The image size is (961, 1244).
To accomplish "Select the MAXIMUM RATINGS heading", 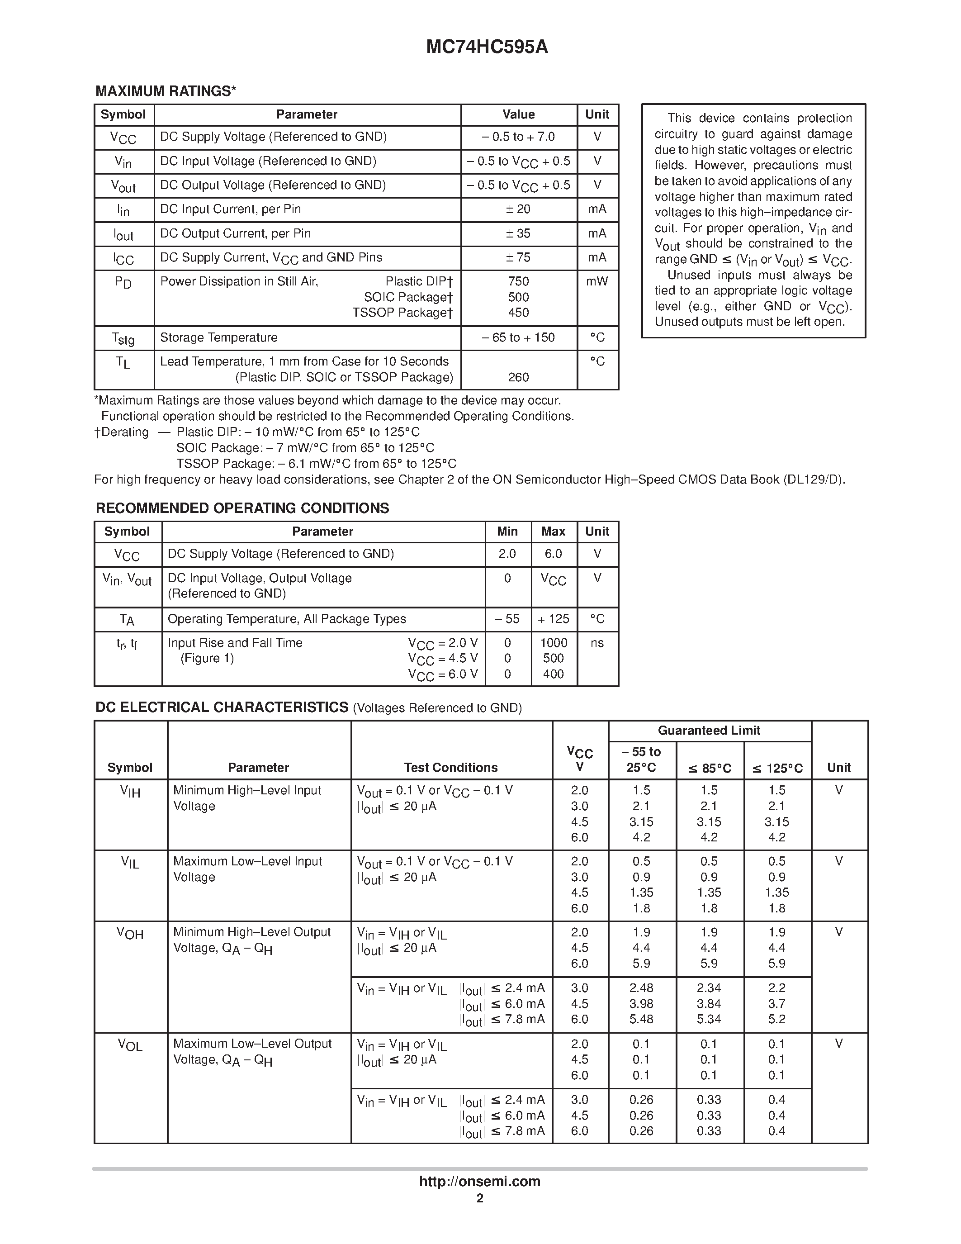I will click(165, 91).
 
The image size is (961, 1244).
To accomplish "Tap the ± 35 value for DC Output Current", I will click(518, 233).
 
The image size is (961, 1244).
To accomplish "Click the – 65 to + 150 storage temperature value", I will click(518, 338).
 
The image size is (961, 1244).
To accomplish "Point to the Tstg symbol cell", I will click(123, 339).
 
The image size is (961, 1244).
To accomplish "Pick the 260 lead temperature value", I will click(518, 377).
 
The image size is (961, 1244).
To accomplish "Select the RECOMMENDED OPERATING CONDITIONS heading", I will click(242, 508).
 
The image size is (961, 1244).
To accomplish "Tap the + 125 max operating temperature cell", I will click(554, 619).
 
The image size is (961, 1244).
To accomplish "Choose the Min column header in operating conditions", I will click(507, 532).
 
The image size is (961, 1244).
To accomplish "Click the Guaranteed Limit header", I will click(709, 731).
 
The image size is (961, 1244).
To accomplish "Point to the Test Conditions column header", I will click(451, 768).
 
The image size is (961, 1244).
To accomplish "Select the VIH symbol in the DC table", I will click(130, 792).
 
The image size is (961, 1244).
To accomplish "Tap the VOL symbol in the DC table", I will click(130, 1045).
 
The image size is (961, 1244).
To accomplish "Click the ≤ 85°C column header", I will click(710, 769).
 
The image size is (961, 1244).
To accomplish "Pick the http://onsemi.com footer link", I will click(480, 1181).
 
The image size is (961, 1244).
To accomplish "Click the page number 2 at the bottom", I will click(480, 1198).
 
